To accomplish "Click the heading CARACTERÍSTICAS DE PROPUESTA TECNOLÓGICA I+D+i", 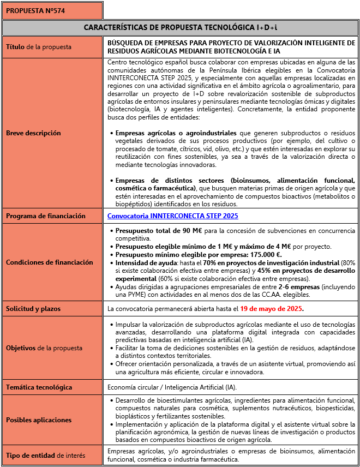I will [180, 27].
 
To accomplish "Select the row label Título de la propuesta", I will [39, 47].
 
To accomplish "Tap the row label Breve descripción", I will [33, 133].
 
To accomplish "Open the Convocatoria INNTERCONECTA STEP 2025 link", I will [173, 216].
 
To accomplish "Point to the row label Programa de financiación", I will [46, 216].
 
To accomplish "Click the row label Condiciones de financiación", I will [50, 262].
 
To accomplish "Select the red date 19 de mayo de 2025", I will [271, 309].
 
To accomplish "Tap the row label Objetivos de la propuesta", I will [44, 348].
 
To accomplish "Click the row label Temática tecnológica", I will [39, 387].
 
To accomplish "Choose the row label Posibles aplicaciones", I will [39, 420].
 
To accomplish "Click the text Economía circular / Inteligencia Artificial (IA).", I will [172, 387].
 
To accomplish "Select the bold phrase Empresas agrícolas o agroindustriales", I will [176, 133].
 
